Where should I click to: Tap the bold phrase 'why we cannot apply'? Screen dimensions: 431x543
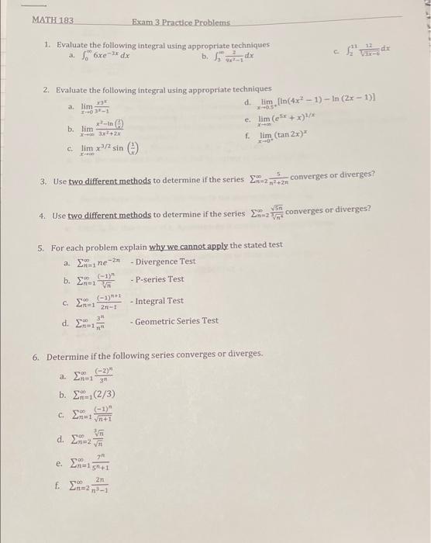pos(187,245)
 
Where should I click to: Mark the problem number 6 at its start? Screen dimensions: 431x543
pos(36,355)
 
